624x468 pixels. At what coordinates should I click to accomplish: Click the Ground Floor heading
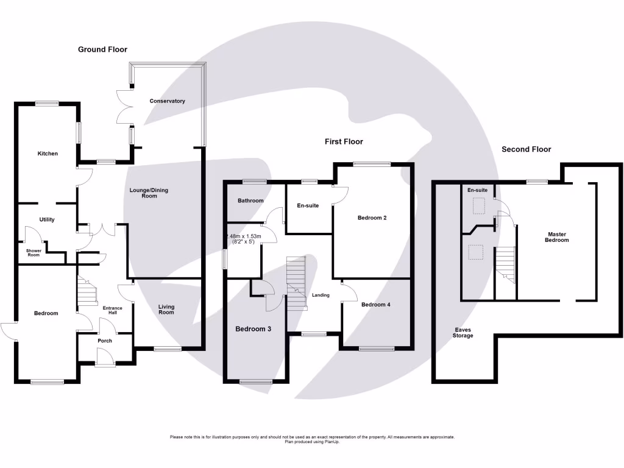pyautogui.click(x=102, y=49)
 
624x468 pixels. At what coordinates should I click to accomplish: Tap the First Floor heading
pyautogui.click(x=343, y=141)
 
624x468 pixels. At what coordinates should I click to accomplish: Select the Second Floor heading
pyautogui.click(x=526, y=149)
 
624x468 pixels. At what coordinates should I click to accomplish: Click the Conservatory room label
pyautogui.click(x=167, y=101)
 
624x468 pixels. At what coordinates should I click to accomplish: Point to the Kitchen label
pyautogui.click(x=48, y=154)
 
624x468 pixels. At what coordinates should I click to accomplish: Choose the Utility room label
pyautogui.click(x=48, y=219)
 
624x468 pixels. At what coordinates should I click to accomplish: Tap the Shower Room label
pyautogui.click(x=33, y=252)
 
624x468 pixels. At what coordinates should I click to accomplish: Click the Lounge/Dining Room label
pyautogui.click(x=149, y=193)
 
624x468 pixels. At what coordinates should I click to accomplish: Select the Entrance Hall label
pyautogui.click(x=112, y=310)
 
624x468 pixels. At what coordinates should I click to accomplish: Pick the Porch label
pyautogui.click(x=105, y=341)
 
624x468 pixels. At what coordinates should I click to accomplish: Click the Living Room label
pyautogui.click(x=166, y=310)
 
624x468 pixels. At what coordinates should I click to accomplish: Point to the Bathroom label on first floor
pyautogui.click(x=250, y=200)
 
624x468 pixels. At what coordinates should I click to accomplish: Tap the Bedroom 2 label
pyautogui.click(x=372, y=218)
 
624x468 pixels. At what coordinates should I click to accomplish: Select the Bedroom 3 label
pyautogui.click(x=253, y=329)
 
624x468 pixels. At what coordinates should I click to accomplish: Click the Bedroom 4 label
pyautogui.click(x=375, y=304)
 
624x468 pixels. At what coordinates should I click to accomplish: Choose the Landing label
pyautogui.click(x=321, y=295)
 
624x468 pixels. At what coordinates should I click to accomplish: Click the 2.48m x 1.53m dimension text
pyautogui.click(x=244, y=239)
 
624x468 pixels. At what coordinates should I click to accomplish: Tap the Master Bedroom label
pyautogui.click(x=557, y=237)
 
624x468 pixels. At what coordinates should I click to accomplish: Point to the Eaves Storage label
pyautogui.click(x=463, y=333)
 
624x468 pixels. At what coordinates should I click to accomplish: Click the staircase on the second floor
pyautogui.click(x=506, y=265)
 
